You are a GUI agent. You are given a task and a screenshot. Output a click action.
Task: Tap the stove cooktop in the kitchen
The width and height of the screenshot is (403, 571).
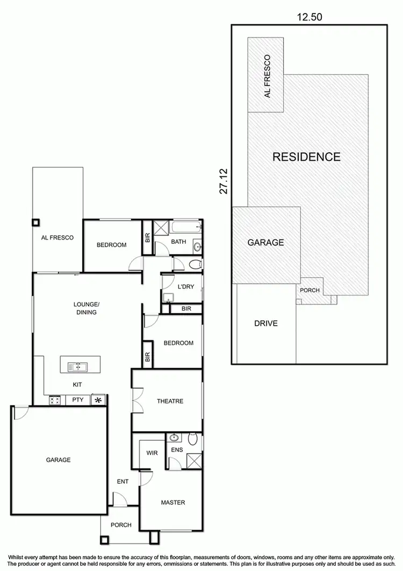(54, 400)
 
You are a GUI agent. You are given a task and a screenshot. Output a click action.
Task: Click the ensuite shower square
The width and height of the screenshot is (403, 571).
(193, 461)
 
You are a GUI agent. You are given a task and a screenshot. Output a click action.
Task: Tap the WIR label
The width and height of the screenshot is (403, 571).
(152, 453)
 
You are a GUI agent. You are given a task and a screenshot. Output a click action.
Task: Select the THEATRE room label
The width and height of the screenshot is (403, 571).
(170, 401)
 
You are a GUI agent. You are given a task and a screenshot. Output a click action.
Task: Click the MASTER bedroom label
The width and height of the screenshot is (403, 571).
(173, 503)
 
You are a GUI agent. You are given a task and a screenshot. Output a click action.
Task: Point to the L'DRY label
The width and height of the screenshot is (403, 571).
(185, 287)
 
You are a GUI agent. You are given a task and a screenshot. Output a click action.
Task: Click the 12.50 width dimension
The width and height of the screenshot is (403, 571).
(310, 17)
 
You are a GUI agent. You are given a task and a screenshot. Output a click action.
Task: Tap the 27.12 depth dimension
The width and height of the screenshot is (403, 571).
(224, 181)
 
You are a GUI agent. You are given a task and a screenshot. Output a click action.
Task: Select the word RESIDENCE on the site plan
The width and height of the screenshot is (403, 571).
(306, 157)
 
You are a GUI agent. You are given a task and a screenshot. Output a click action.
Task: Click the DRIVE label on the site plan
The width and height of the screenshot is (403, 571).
(266, 323)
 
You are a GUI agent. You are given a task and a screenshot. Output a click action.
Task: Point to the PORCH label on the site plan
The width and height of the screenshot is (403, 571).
(310, 291)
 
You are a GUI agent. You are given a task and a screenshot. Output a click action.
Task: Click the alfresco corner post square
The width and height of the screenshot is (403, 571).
(36, 222)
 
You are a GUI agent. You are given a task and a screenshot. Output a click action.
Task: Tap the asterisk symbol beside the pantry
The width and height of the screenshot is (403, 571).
(98, 400)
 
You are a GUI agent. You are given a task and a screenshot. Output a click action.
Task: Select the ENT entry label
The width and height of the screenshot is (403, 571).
(123, 482)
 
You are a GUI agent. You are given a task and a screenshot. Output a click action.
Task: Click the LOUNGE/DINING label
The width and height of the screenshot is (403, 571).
(87, 308)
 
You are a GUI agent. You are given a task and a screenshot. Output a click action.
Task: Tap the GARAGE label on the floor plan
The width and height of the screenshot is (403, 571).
(58, 460)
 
